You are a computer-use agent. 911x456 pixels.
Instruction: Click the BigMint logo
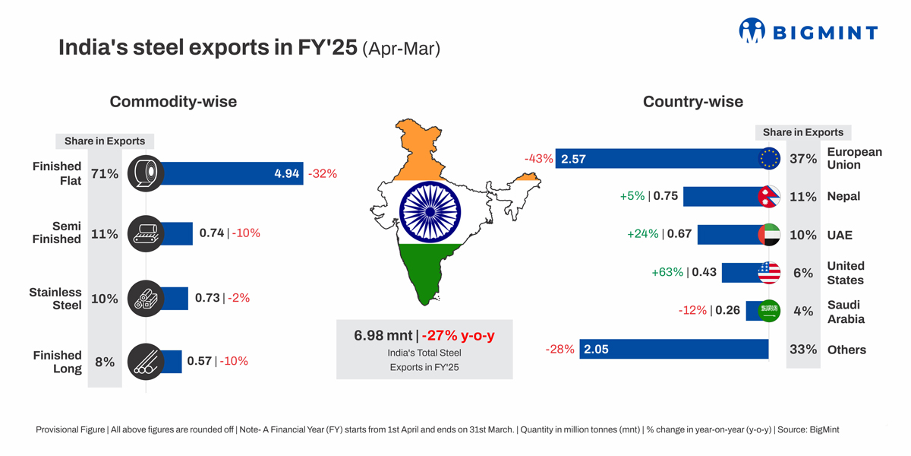tap(808, 31)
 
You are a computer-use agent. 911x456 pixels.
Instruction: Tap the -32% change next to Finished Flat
tap(323, 173)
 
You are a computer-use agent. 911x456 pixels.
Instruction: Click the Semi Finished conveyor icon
tap(145, 233)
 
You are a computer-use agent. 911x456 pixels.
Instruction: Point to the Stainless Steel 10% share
tap(105, 299)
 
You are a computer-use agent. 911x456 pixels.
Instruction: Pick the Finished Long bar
tap(172, 362)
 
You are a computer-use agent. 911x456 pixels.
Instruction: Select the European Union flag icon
tap(769, 158)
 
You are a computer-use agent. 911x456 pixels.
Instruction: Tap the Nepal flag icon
tap(769, 196)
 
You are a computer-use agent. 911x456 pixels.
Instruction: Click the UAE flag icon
tap(769, 235)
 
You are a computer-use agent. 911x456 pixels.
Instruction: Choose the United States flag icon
tap(769, 273)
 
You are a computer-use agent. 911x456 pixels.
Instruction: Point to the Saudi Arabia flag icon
tap(769, 311)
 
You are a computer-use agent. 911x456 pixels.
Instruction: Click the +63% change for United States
tap(667, 272)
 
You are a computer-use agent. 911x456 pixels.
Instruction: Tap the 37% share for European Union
tap(803, 159)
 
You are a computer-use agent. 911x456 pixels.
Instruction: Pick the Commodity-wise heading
tap(173, 102)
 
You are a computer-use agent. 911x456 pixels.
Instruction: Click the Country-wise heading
tap(692, 102)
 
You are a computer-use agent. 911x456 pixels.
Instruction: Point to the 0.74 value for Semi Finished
tap(211, 233)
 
